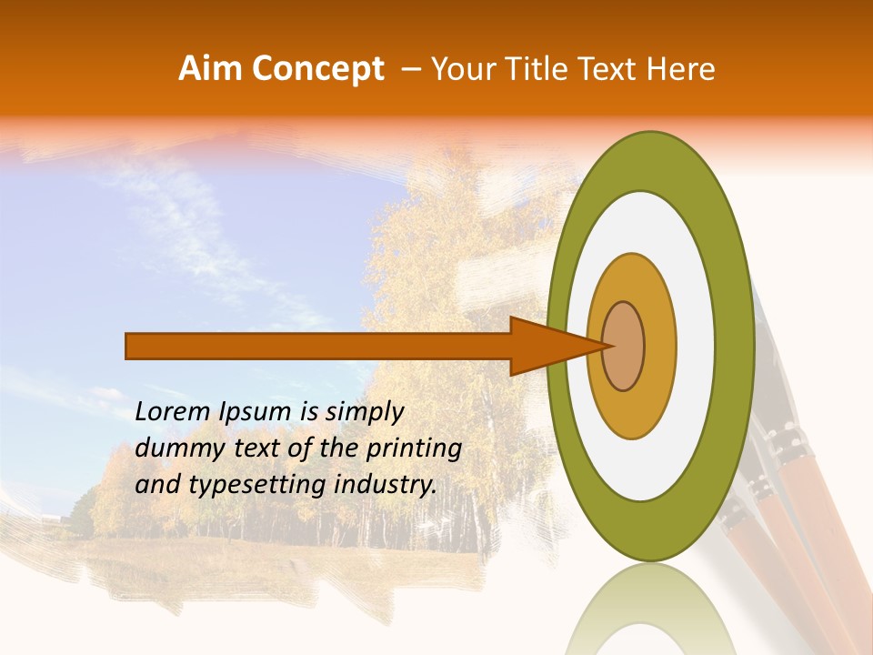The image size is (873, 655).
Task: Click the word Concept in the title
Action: click(317, 69)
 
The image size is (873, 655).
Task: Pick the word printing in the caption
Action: click(414, 449)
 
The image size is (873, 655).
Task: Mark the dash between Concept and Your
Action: click(410, 69)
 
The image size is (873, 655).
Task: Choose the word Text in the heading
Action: click(607, 69)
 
